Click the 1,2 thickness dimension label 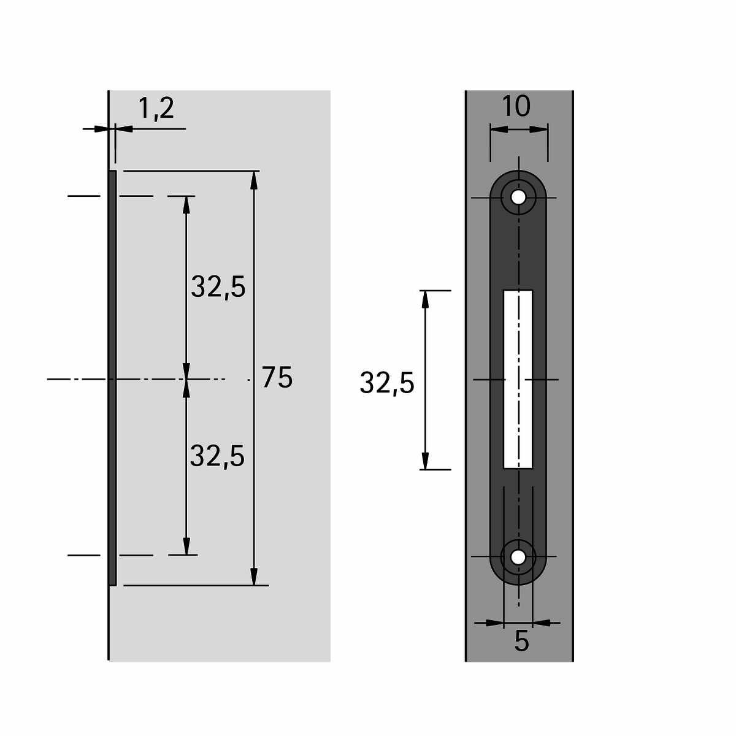(156, 109)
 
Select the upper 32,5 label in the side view (218, 287)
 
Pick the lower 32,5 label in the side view (217, 456)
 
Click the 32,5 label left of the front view (387, 383)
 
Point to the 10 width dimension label (516, 107)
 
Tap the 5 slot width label (522, 642)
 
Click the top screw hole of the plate (518, 197)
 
